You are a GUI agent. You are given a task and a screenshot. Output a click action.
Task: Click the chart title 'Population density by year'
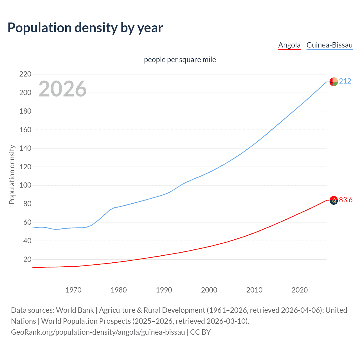(85, 28)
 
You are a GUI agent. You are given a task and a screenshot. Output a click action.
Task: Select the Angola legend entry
(289, 45)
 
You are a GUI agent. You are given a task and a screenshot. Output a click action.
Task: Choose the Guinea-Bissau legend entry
(329, 45)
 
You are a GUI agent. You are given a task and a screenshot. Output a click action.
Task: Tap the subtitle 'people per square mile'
(180, 60)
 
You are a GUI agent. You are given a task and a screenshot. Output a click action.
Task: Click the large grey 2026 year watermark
(62, 89)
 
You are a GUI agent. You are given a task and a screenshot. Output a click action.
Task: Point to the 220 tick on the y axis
(25, 74)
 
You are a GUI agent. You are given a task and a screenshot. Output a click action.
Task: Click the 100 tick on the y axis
(25, 185)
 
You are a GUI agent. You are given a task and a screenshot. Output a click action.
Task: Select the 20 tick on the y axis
(27, 259)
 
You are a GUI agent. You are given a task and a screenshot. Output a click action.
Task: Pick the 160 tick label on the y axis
(25, 130)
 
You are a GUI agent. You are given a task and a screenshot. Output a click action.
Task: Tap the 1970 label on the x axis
(73, 290)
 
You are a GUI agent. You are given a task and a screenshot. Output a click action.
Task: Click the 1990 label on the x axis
(164, 290)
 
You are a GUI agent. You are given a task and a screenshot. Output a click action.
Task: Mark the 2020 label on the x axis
(300, 290)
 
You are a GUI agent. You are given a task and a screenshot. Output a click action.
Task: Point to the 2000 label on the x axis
(209, 290)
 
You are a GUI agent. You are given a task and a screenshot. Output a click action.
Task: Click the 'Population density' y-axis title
(12, 174)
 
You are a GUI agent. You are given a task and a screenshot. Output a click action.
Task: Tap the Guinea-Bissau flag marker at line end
(334, 82)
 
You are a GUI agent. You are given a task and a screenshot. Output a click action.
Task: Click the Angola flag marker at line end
(334, 200)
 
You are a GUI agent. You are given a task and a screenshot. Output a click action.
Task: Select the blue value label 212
(345, 81)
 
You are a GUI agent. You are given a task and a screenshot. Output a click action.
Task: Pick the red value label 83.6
(346, 200)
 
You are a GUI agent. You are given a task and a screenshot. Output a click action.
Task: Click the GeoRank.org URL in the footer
(98, 332)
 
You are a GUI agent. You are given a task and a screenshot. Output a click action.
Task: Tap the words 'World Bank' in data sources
(75, 310)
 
